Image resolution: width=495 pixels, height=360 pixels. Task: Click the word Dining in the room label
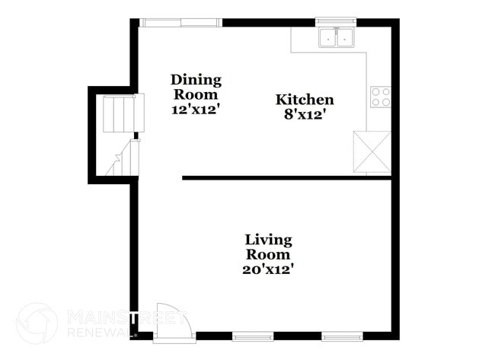coord(196,80)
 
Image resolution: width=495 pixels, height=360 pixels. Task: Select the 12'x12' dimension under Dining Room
coord(196,109)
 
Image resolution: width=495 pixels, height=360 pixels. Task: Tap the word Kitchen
coord(304,100)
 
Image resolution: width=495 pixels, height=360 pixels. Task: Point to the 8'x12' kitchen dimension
coord(304,114)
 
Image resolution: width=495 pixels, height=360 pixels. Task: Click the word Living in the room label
coord(268,240)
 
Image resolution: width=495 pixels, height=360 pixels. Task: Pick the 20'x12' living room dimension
coord(268,269)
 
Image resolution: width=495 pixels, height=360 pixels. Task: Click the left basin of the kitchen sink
coord(329,36)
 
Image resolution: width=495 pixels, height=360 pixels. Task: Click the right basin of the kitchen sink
coord(346,36)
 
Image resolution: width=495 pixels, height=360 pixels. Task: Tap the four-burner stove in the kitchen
coord(380,97)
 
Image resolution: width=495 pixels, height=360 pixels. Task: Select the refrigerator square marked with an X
coord(372,151)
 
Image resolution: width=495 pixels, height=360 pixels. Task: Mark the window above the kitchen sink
coord(337,21)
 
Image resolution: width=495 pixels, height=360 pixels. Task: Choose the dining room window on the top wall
coord(181,22)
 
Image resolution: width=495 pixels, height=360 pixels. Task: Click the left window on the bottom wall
coord(252,335)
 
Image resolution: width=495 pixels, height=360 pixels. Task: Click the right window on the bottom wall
coord(338,335)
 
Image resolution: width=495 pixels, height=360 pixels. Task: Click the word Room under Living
coord(268,254)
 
